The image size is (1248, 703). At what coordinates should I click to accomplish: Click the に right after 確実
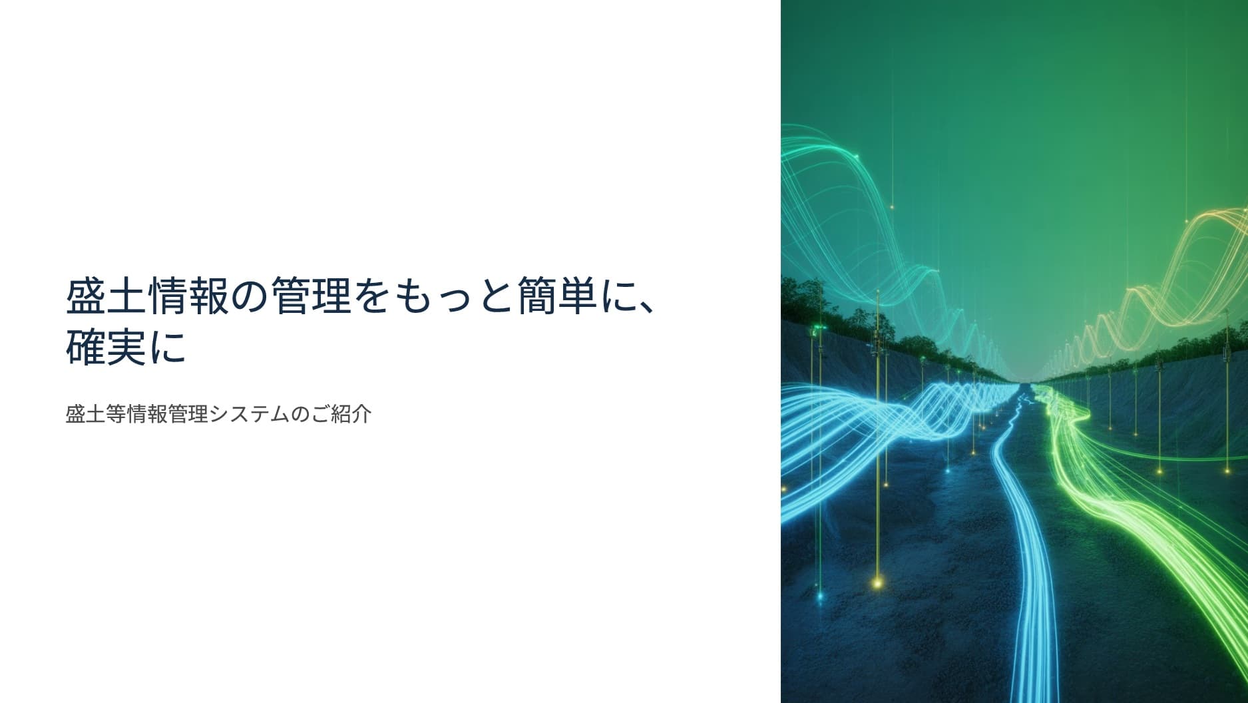[167, 349]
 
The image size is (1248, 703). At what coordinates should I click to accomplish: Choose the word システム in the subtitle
[250, 414]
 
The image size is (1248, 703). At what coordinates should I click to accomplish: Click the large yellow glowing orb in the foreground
[877, 583]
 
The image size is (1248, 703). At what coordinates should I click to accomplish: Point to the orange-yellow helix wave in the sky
[1171, 280]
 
